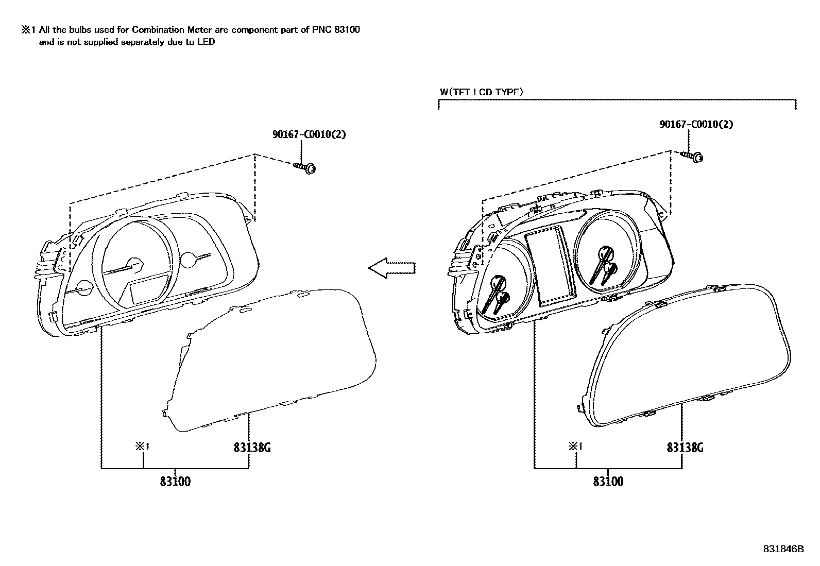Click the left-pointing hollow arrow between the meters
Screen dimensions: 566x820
pyautogui.click(x=391, y=268)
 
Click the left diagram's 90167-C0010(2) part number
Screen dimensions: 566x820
pyautogui.click(x=309, y=135)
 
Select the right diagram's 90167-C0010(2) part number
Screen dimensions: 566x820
pyautogui.click(x=696, y=124)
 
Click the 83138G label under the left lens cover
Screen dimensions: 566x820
pyautogui.click(x=252, y=448)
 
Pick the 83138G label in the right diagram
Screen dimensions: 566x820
pyautogui.click(x=685, y=448)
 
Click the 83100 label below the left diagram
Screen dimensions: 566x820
pyautogui.click(x=175, y=482)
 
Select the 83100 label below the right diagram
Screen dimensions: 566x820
pyautogui.click(x=608, y=482)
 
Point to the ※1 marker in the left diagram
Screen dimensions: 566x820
pyautogui.click(x=142, y=447)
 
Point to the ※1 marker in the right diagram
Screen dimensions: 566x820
pyautogui.click(x=575, y=447)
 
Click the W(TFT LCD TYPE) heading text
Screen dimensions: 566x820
pyautogui.click(x=481, y=92)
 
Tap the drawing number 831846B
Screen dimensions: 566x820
pyautogui.click(x=783, y=549)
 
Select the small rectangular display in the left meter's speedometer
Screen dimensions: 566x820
pyautogui.click(x=148, y=290)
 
